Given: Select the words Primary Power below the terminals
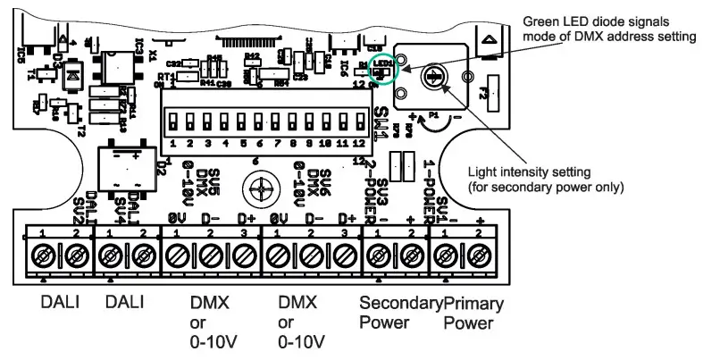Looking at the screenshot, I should point(473,313).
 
